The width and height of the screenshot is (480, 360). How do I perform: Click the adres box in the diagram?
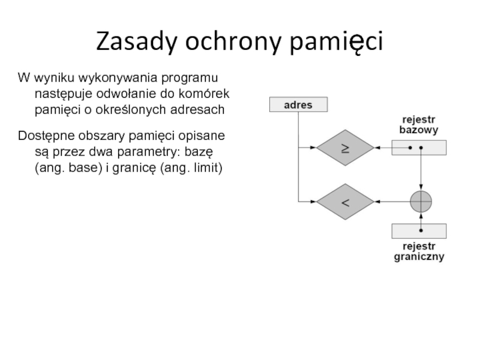pos(298,105)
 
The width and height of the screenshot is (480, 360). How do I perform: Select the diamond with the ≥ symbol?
pos(346,148)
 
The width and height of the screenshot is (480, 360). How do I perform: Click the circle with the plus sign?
pos(421,202)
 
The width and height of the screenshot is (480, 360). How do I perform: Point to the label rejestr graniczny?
pos(419,252)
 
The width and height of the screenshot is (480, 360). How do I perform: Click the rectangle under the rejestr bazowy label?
pos(419,148)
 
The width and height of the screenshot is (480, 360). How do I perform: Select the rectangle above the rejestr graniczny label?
pos(419,231)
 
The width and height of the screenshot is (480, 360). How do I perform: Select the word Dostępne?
pos(45,133)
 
